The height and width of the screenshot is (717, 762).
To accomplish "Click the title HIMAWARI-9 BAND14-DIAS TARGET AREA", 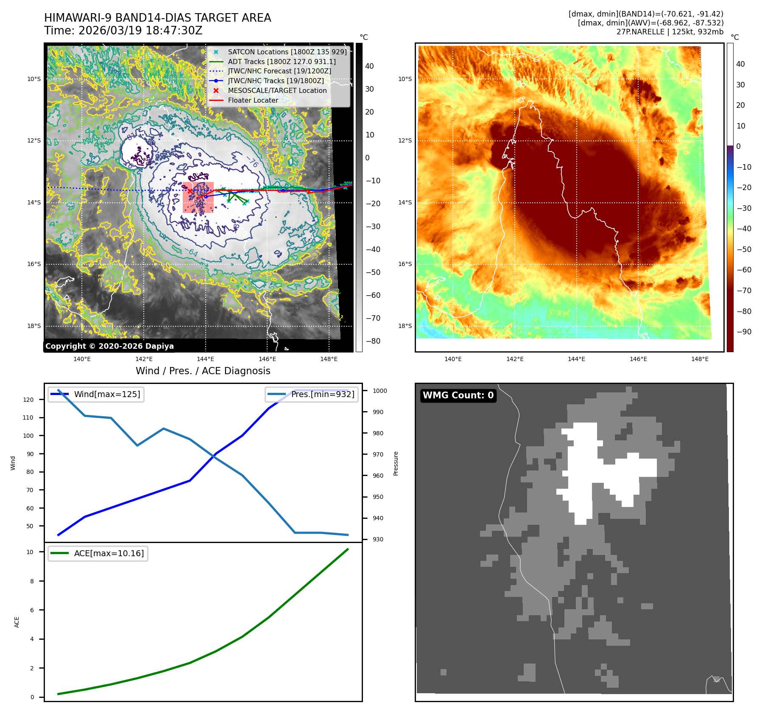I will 157,18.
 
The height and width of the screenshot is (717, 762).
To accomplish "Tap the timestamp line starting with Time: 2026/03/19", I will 123,31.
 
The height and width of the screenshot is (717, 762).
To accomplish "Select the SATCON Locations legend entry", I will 287,52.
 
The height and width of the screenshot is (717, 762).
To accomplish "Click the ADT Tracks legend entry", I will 282,62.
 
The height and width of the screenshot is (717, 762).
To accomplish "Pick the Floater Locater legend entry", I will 253,100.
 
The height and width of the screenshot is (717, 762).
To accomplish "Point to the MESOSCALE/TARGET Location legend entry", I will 277,90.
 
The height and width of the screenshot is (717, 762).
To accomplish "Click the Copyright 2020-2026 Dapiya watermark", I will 109,346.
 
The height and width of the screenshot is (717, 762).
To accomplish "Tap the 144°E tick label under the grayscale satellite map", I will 205,359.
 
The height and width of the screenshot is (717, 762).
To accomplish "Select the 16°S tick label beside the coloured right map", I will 405,264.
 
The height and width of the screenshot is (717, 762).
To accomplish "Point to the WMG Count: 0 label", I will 458,395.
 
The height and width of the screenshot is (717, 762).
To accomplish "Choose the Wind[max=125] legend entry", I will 107,394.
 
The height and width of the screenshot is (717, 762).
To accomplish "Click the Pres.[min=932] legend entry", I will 322,394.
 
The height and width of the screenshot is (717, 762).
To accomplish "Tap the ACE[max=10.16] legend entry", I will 109,553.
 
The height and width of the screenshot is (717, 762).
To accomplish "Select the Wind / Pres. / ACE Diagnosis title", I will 203,371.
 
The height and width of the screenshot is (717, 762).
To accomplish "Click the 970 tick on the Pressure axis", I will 378,454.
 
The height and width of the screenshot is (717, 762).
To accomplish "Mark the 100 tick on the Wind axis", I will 28,436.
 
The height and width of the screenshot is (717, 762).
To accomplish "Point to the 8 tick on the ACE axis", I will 32,581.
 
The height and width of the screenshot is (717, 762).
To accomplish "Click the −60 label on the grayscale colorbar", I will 373,295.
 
